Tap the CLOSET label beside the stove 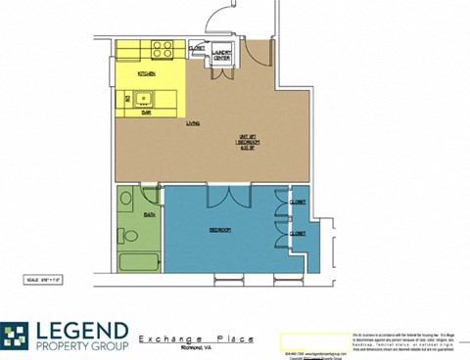point(196,47)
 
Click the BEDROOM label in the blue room point(219,230)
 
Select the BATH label point(150,212)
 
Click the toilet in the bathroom point(126,235)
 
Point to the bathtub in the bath point(138,261)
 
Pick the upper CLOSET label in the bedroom point(297,202)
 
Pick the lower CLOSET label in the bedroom point(297,235)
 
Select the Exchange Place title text point(196,338)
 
